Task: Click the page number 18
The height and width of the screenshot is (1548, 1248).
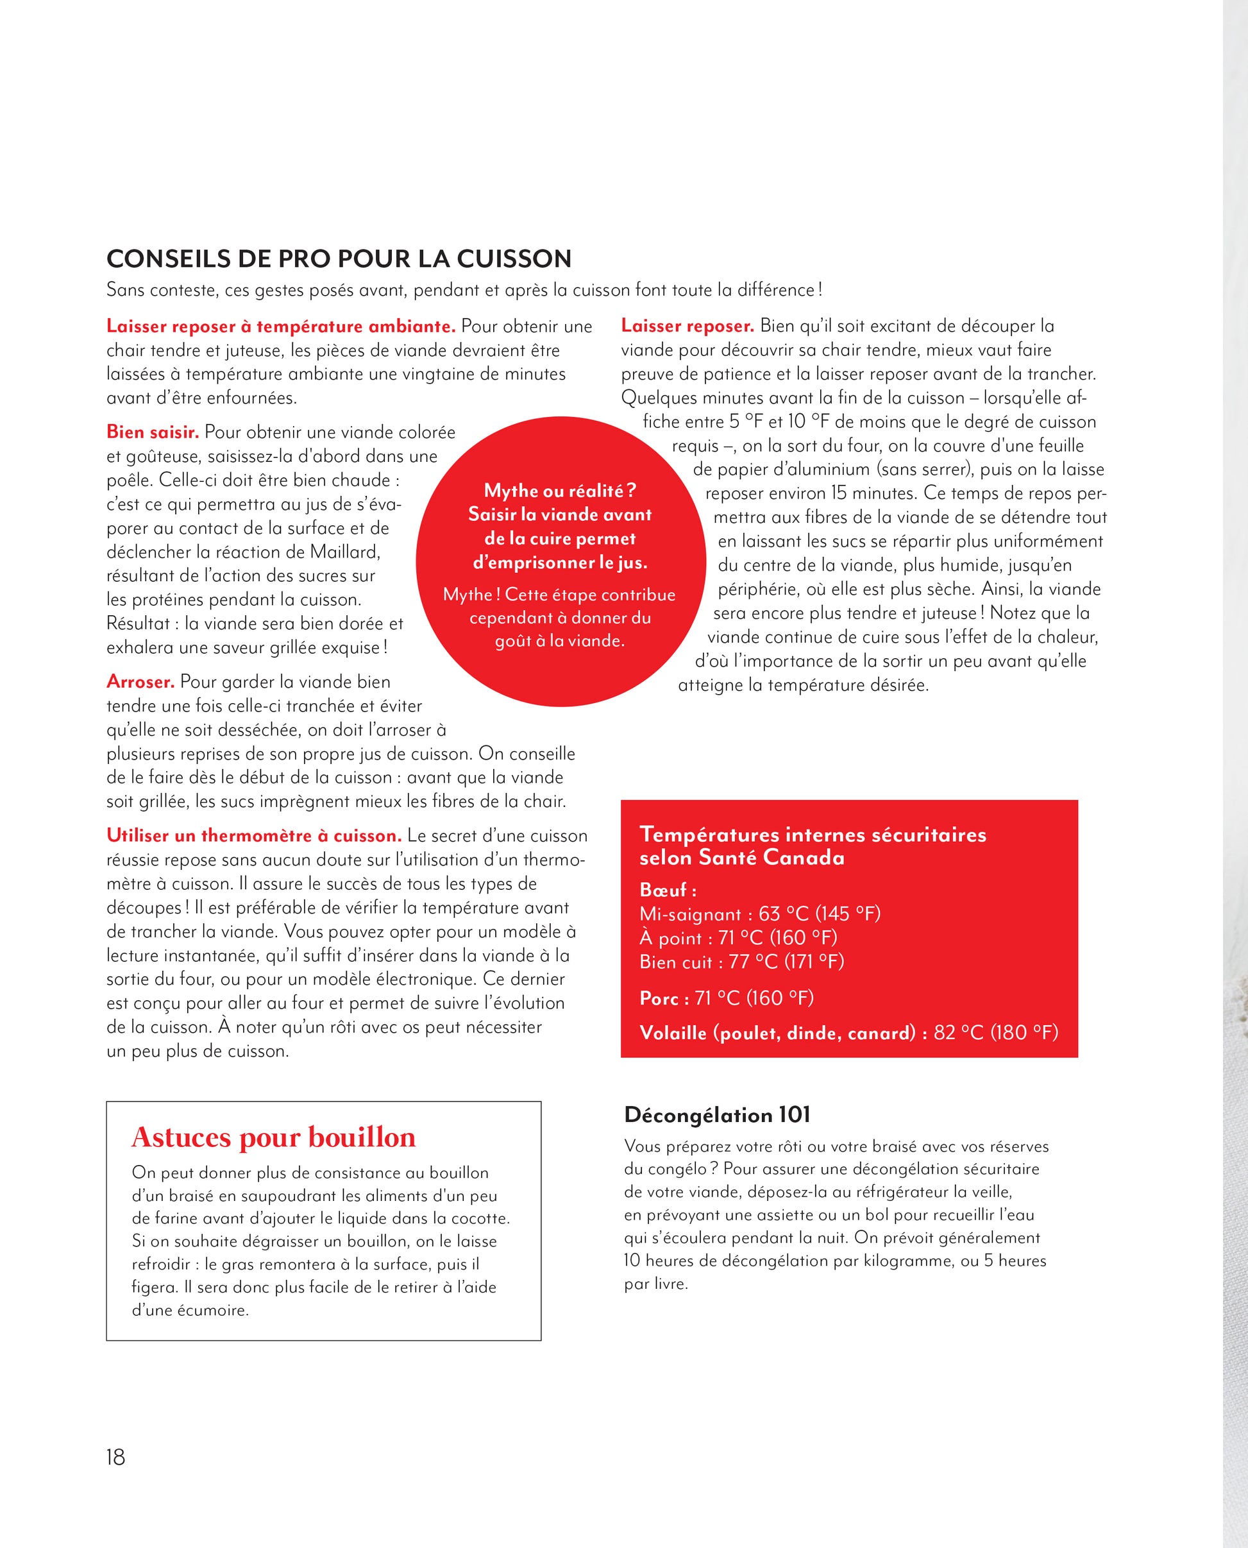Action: (x=115, y=1457)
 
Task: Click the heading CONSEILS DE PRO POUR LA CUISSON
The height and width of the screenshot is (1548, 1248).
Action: (x=339, y=259)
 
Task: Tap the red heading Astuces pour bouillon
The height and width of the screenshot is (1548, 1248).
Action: (x=273, y=1137)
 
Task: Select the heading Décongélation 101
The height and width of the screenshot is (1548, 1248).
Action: (x=717, y=1115)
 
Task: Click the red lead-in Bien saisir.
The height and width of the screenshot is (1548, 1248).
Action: (x=153, y=432)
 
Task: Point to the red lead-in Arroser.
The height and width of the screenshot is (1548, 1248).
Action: (x=140, y=681)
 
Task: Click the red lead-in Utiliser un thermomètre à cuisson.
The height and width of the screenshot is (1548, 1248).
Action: (x=254, y=835)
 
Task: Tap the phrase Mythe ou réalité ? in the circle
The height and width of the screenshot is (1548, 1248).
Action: (x=560, y=490)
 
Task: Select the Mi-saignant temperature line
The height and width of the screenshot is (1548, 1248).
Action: (x=759, y=914)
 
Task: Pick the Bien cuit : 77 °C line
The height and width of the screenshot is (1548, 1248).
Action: (x=741, y=962)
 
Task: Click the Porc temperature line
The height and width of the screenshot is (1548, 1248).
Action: (x=726, y=998)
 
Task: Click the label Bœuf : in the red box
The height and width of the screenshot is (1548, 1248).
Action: (x=668, y=890)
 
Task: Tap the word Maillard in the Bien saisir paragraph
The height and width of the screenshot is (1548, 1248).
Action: (x=344, y=552)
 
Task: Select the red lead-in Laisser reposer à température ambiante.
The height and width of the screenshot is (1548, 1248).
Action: (x=280, y=327)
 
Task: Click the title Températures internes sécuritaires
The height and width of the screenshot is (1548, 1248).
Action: (x=813, y=835)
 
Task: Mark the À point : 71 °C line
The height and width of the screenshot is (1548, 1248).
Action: (x=738, y=939)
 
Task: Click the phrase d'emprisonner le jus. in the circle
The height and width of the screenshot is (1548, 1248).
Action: (x=560, y=562)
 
